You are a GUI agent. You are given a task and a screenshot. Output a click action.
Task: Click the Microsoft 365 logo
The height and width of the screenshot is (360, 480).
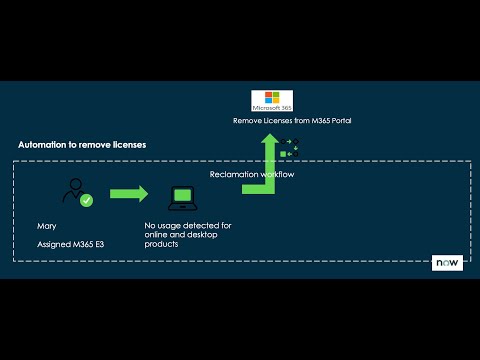(x=272, y=101)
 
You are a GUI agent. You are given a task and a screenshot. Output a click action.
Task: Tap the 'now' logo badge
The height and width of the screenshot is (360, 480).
(x=446, y=263)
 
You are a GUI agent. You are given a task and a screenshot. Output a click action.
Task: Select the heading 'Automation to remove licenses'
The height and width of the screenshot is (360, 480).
(x=82, y=144)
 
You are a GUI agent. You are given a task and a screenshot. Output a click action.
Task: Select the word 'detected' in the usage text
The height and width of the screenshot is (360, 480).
(x=200, y=226)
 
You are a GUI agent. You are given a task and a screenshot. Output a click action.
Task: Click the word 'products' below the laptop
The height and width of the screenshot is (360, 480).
(x=161, y=244)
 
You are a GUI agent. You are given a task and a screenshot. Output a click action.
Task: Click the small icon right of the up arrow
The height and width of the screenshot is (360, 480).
(x=294, y=148)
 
